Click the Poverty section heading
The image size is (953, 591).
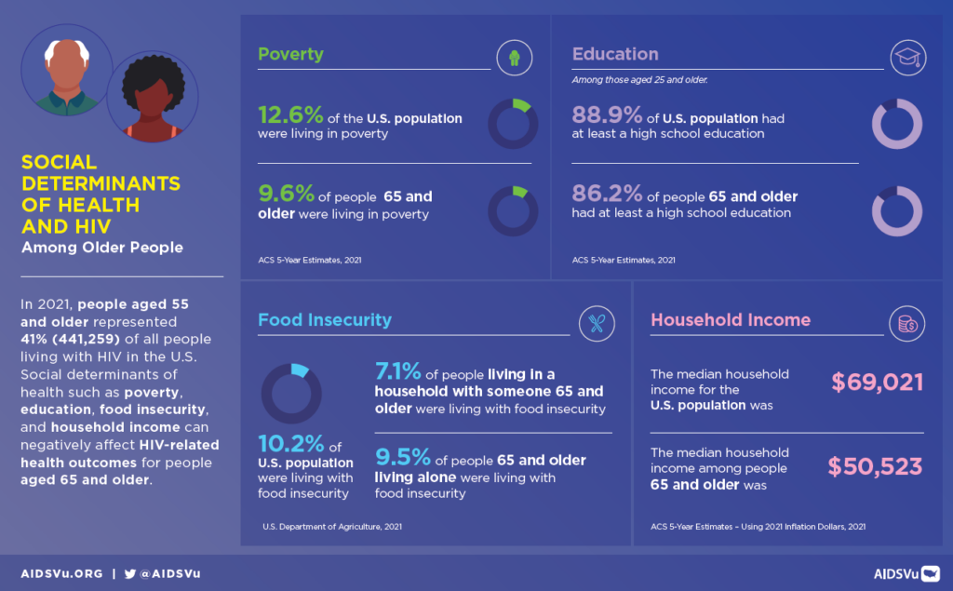[290, 54]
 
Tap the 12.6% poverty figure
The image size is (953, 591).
[290, 116]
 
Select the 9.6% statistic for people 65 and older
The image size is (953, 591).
[286, 195]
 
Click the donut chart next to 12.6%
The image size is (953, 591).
[514, 124]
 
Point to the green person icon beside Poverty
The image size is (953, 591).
[514, 58]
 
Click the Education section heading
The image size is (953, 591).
[615, 54]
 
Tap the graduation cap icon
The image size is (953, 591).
[905, 58]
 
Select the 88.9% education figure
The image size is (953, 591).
[607, 116]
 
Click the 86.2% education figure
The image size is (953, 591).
[607, 195]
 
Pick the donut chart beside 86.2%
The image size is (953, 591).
[896, 211]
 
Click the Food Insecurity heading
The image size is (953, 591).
[325, 320]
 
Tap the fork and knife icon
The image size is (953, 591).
[597, 324]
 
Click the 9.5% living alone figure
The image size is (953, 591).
[401, 459]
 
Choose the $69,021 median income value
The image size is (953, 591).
[877, 382]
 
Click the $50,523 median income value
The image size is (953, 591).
[876, 466]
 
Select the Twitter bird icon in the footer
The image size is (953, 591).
[129, 574]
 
